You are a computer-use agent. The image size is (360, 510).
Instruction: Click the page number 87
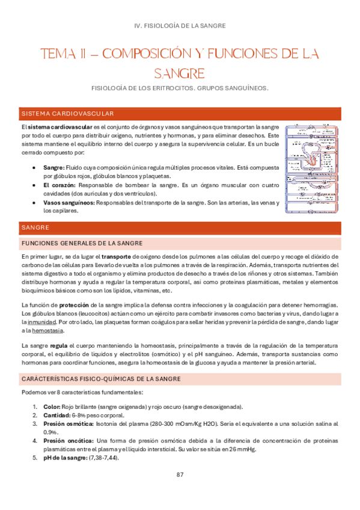pos(180,475)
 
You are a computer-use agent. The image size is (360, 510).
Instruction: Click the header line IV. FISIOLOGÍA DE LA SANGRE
pos(180,25)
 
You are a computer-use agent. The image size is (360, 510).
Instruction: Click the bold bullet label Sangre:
pos(53,168)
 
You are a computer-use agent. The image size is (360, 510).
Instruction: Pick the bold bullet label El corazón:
pos(59,185)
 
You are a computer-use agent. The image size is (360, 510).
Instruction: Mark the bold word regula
pos(58,346)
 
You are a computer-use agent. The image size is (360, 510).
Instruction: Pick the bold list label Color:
pos(52,407)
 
